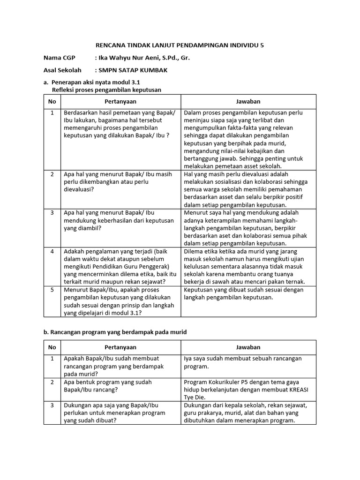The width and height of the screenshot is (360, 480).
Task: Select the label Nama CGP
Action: coord(59,58)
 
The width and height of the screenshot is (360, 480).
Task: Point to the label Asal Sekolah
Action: coord(62,70)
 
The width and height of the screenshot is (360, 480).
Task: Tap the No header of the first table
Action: coord(52,102)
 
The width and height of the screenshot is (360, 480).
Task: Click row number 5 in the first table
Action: coord(52,290)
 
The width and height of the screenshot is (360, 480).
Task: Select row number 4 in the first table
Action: coord(52,251)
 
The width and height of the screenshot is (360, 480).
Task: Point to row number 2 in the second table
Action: coord(52,382)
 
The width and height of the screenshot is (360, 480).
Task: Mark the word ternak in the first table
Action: coord(295,282)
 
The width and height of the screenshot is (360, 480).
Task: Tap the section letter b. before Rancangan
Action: coord(46,332)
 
